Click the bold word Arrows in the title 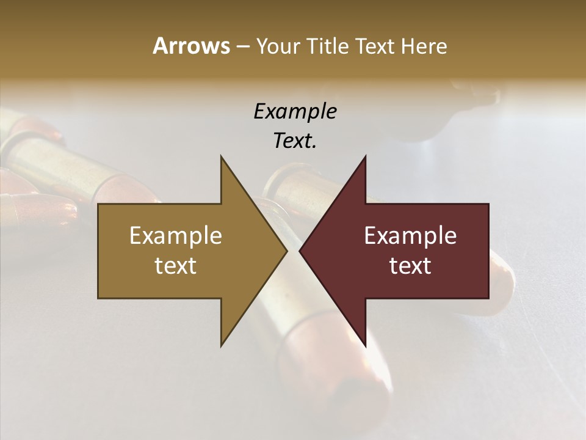pyautogui.click(x=190, y=46)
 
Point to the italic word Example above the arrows pyautogui.click(x=295, y=112)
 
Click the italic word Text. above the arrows pyautogui.click(x=295, y=141)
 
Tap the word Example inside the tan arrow pyautogui.click(x=176, y=236)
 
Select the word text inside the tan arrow pyautogui.click(x=176, y=266)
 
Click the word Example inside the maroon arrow pyautogui.click(x=410, y=236)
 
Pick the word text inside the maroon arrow pyautogui.click(x=410, y=266)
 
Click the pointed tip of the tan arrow pyautogui.click(x=286, y=251)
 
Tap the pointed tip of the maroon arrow pyautogui.click(x=300, y=251)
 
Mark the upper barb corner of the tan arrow pyautogui.click(x=221, y=156)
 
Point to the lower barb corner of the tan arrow pyautogui.click(x=221, y=346)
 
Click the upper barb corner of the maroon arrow pyautogui.click(x=365, y=156)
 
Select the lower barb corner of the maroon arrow pyautogui.click(x=365, y=346)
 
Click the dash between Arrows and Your pyautogui.click(x=242, y=47)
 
